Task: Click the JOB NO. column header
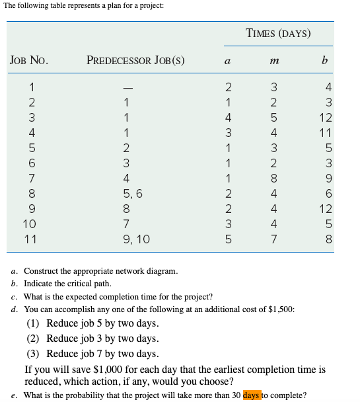tap(28, 61)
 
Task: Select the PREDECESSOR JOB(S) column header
tap(135, 61)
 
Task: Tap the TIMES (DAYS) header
tap(278, 33)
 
